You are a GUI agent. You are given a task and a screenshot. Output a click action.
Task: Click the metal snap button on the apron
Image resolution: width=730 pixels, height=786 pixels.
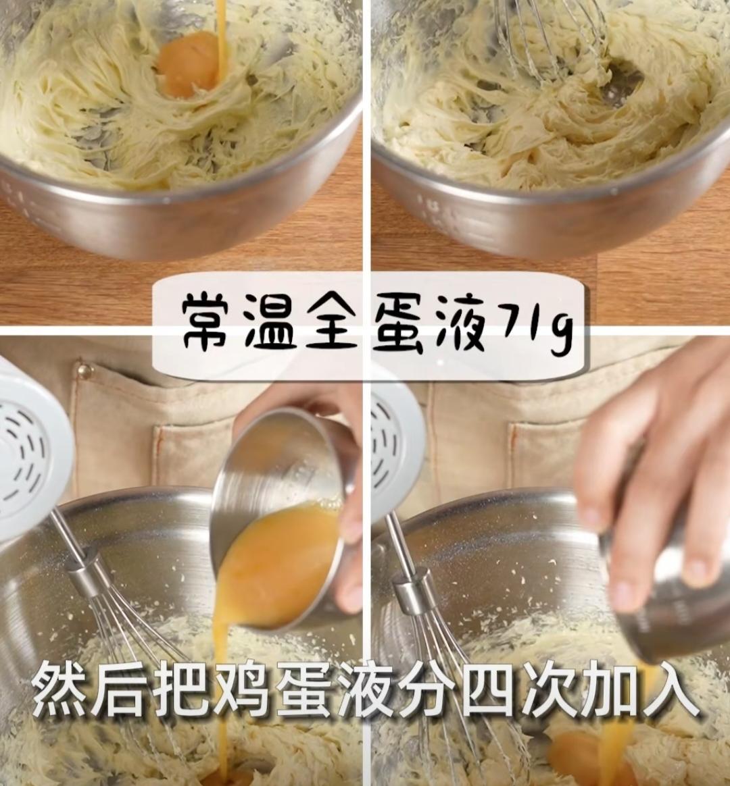[x=84, y=371]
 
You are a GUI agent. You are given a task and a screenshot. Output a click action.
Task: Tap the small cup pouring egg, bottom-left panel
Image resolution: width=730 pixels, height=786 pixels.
[x=284, y=513]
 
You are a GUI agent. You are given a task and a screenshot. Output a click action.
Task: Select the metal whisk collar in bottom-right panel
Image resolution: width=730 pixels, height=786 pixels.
[x=412, y=591]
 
